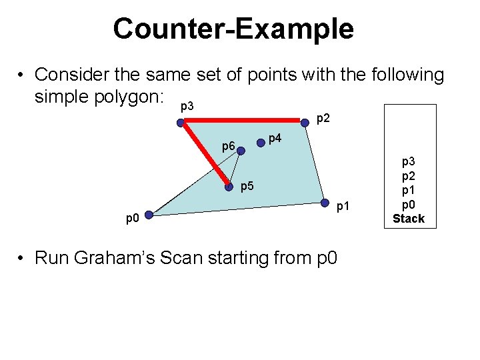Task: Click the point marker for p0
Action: pos(149,215)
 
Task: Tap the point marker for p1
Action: pos(325,203)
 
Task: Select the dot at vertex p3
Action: pos(181,122)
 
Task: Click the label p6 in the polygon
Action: pos(228,146)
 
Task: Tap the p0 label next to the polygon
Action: pos(133,218)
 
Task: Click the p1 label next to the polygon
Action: pos(343,207)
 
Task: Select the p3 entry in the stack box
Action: pos(408,162)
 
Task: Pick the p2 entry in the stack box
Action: pos(408,176)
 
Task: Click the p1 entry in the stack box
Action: pos(408,190)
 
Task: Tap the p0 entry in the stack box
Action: pos(408,204)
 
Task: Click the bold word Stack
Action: pos(408,218)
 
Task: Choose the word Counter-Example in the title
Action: pos(233,29)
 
